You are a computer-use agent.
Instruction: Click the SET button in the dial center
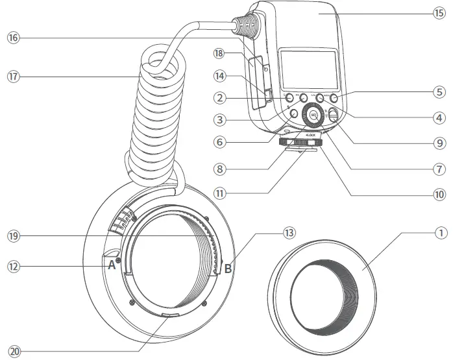click(313, 117)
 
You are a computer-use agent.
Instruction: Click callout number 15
click(439, 12)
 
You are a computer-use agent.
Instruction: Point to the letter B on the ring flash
click(228, 267)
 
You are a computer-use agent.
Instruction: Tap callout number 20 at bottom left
click(14, 351)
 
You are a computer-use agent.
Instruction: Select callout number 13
click(288, 232)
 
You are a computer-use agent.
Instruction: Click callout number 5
click(439, 92)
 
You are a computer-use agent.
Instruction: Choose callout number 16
click(14, 38)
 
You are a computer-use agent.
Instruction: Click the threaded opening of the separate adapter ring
click(323, 293)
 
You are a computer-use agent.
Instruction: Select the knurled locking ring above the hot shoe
click(299, 143)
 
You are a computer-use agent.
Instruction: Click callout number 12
click(14, 265)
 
